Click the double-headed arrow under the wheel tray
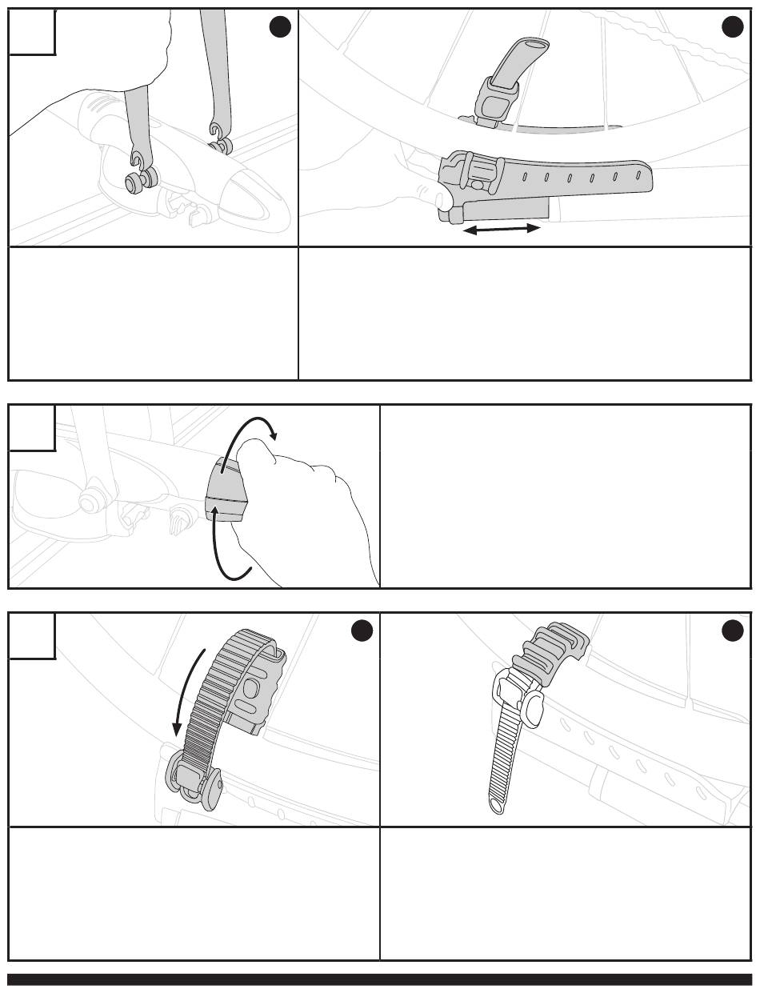(x=502, y=230)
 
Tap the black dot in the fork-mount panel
(x=279, y=27)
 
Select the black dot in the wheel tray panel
(x=732, y=27)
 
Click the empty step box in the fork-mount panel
(x=32, y=32)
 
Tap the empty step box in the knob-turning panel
(x=32, y=428)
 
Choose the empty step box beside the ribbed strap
(x=32, y=636)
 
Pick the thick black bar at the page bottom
(x=380, y=979)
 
